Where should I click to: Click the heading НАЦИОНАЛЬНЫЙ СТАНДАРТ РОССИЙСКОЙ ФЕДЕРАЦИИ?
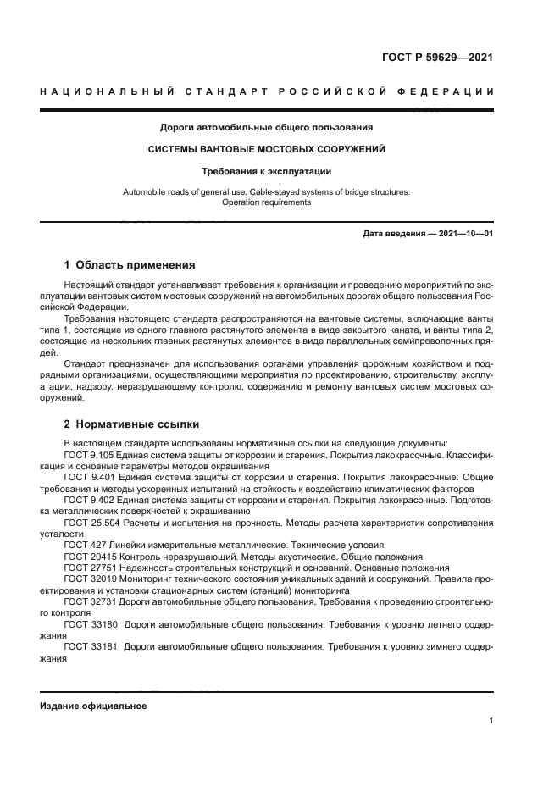267,91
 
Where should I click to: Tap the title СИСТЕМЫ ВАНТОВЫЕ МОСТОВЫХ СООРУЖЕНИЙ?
267,149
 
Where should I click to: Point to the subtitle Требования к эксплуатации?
267,170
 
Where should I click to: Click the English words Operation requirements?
267,202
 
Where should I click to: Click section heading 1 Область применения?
130,264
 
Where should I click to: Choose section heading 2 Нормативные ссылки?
132,424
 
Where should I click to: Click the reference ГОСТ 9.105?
89,455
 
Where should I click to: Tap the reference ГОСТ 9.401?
89,477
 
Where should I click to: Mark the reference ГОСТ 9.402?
89,500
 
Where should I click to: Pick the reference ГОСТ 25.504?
91,523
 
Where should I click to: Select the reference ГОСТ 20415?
89,557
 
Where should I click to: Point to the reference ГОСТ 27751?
89,568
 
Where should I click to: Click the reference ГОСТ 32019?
89,579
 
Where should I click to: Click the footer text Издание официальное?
93,706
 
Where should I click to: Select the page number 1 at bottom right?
491,721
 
